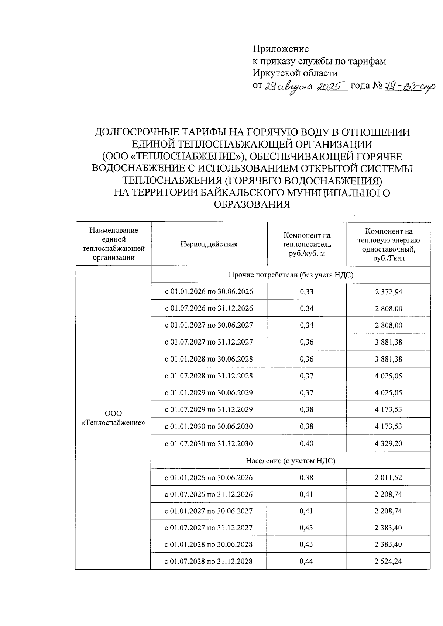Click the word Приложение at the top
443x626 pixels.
[x=281, y=49]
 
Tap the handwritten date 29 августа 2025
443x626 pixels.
[x=306, y=86]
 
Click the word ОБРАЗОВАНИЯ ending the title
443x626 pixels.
[x=252, y=204]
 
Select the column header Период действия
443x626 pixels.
[x=209, y=244]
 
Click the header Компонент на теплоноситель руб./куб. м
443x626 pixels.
[x=307, y=244]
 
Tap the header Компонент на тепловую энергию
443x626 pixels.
[x=389, y=244]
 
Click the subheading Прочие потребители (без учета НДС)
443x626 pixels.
[x=291, y=275]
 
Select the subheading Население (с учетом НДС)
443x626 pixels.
[x=291, y=461]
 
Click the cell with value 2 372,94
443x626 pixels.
[x=388, y=292]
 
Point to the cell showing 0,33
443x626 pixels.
[x=307, y=292]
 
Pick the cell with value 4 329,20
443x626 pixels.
[x=388, y=444]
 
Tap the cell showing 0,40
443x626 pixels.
[x=307, y=444]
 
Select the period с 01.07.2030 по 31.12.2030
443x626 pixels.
[x=209, y=444]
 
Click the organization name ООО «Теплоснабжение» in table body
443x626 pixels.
[x=113, y=418]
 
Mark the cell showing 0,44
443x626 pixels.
[x=306, y=561]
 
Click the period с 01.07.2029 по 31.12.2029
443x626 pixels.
[x=209, y=409]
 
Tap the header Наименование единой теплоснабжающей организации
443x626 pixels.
[x=113, y=244]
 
